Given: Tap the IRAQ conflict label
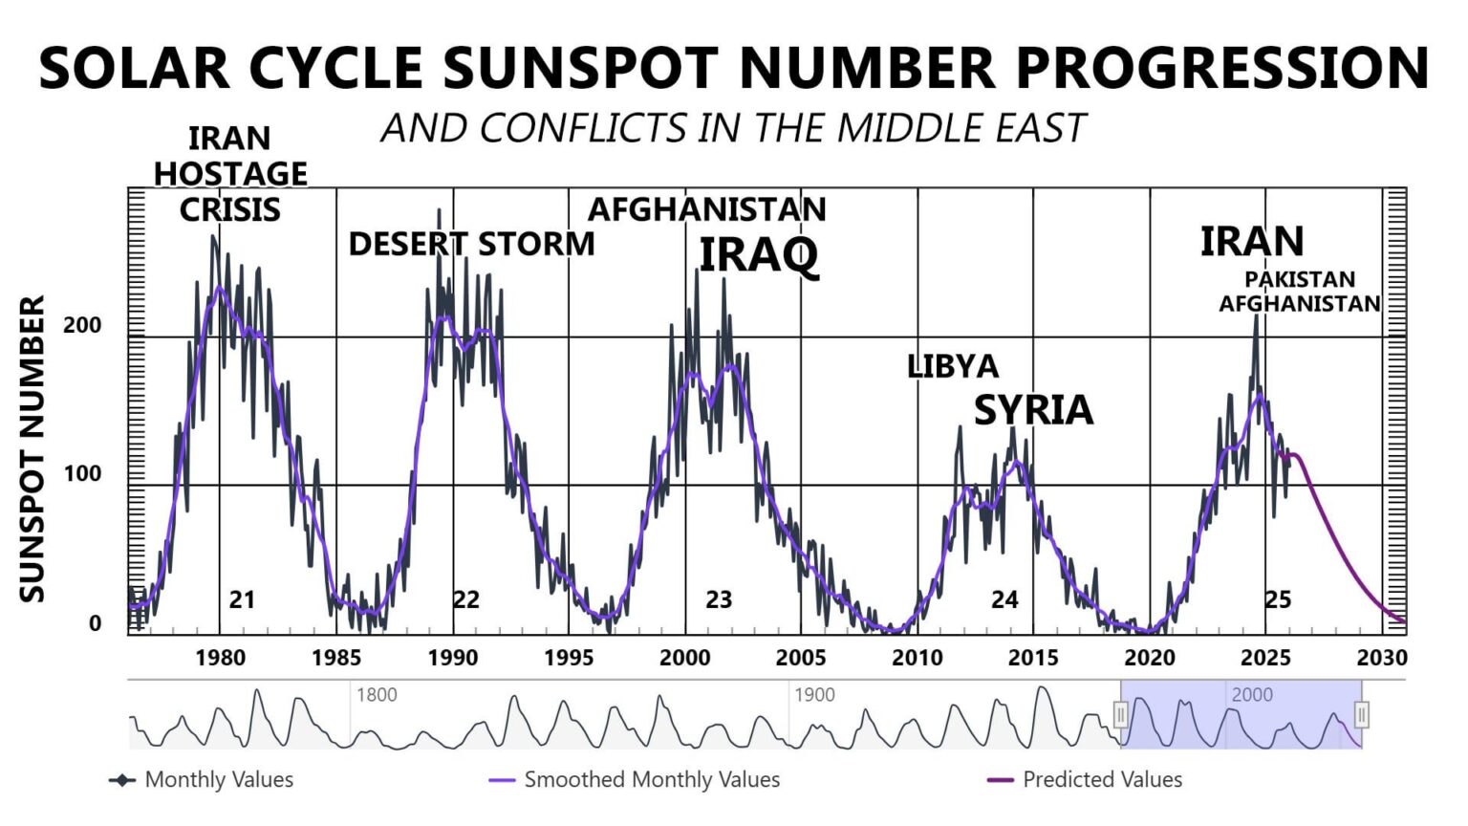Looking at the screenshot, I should pos(759,254).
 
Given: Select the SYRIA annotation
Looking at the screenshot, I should pos(1033,410).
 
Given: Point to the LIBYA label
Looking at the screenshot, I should pos(953,366).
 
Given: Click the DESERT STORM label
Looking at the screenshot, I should pos(471,245).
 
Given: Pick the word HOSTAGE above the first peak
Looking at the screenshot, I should pos(230,174).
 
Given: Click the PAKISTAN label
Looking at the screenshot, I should pos(1300,279).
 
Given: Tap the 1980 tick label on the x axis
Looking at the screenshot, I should pos(220,658).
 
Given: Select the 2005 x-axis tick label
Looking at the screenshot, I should pos(801,658).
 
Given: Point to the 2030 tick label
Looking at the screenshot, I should pos(1382,658).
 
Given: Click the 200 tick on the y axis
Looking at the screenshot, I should pos(82,325).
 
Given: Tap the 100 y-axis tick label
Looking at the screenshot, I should pos(82,474).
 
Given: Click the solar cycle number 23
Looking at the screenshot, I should pos(719,599).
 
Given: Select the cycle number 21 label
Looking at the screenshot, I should pos(242,599).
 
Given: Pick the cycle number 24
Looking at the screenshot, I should pos(1004,599).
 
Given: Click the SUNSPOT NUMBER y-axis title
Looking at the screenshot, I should pos(32,449).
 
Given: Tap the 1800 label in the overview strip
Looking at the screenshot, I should pos(377,695).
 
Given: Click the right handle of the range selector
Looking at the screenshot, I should pos(1362,714).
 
